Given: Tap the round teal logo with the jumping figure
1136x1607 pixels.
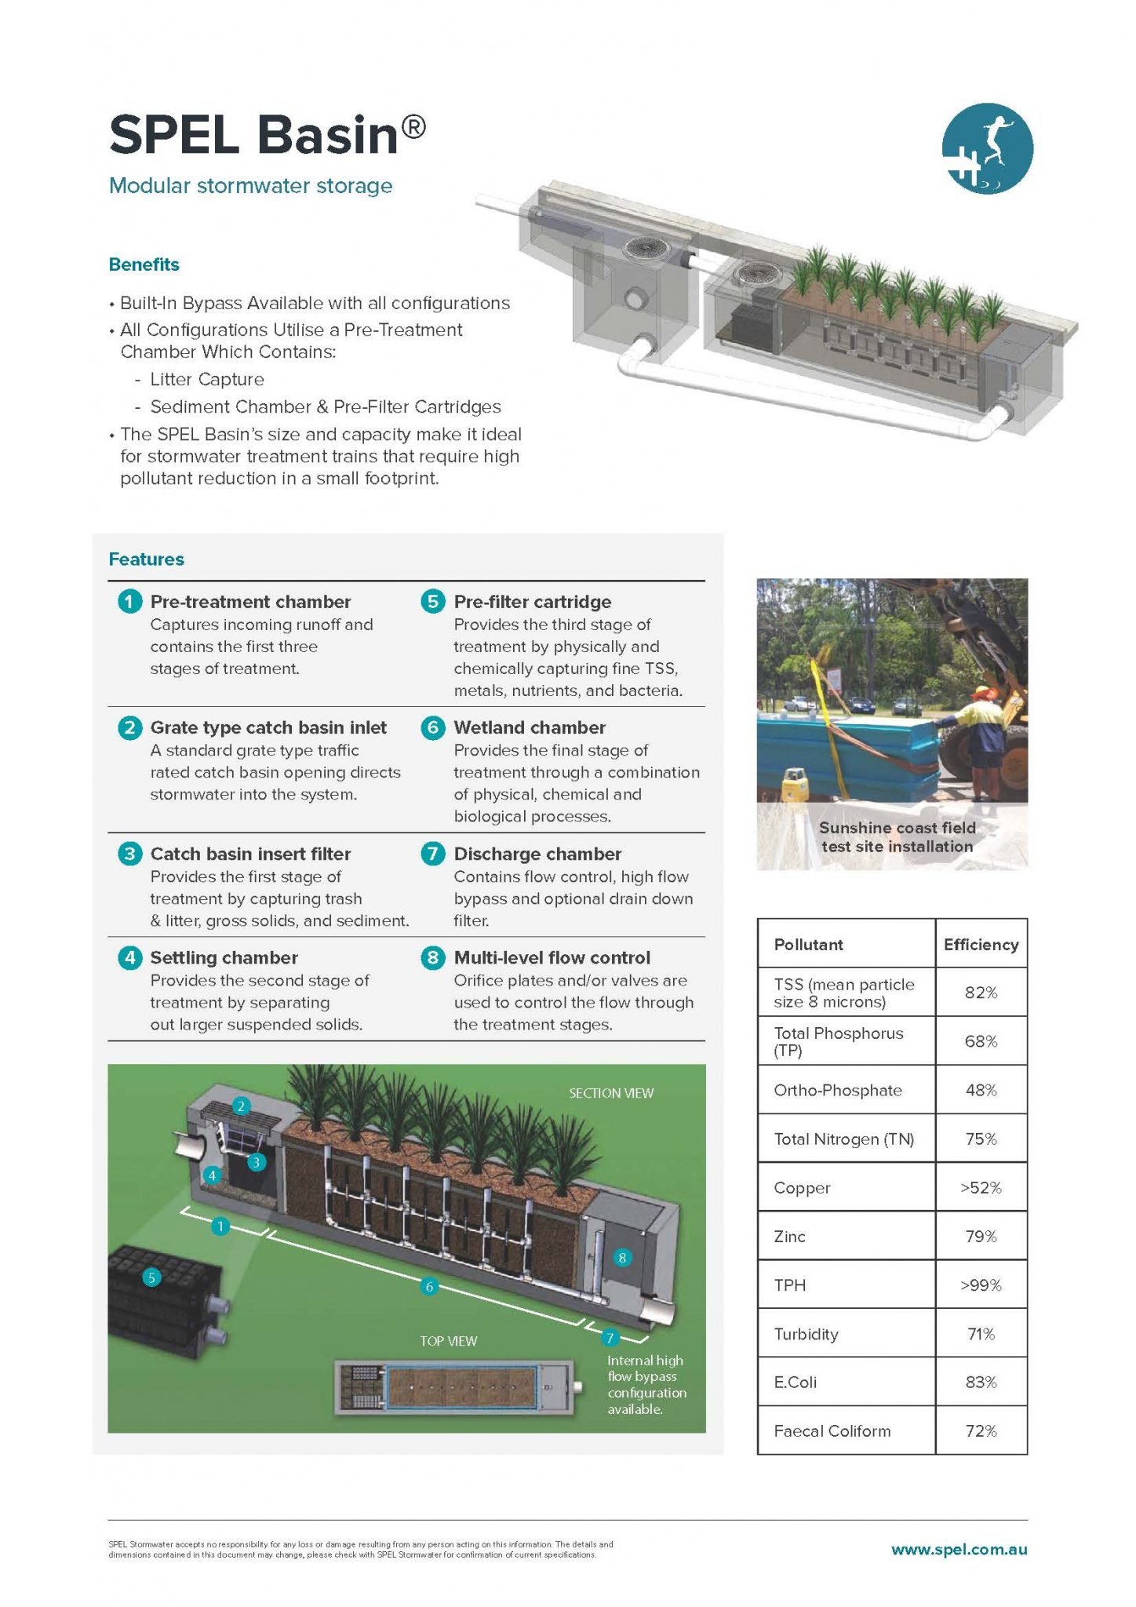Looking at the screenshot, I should pos(987,148).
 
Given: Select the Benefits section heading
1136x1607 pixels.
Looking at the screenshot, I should pos(144,264).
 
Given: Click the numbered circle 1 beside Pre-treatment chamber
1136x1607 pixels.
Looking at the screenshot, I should pos(129,602).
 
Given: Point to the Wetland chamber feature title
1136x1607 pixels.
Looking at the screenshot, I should pos(530,727).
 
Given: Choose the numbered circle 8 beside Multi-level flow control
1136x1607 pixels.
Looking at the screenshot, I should pos(432,957).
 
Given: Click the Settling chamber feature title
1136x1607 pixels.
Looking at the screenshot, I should pos(224,957).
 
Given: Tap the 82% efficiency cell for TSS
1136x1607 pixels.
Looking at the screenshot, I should pos(981,993).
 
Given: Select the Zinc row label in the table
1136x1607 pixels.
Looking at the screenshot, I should pos(789,1237).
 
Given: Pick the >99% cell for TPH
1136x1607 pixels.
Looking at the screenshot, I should pos(981,1285).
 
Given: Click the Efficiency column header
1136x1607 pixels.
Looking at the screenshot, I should pos(981,945).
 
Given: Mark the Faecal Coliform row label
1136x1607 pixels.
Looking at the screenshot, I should pos(832,1431).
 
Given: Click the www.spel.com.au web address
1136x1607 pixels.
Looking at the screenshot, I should pos(959,1550).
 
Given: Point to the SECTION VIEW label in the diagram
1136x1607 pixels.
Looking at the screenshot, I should pos(611,1093).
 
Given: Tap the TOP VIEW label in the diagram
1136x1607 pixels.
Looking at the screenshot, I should pos(448,1341).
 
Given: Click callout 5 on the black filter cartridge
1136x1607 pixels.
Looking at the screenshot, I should pos(151,1277).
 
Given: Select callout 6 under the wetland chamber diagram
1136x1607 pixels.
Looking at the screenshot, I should pos(429,1286).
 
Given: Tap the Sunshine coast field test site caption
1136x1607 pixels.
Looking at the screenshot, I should pos(897,837).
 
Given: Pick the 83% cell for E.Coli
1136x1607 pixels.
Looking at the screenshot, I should pos(981,1383).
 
